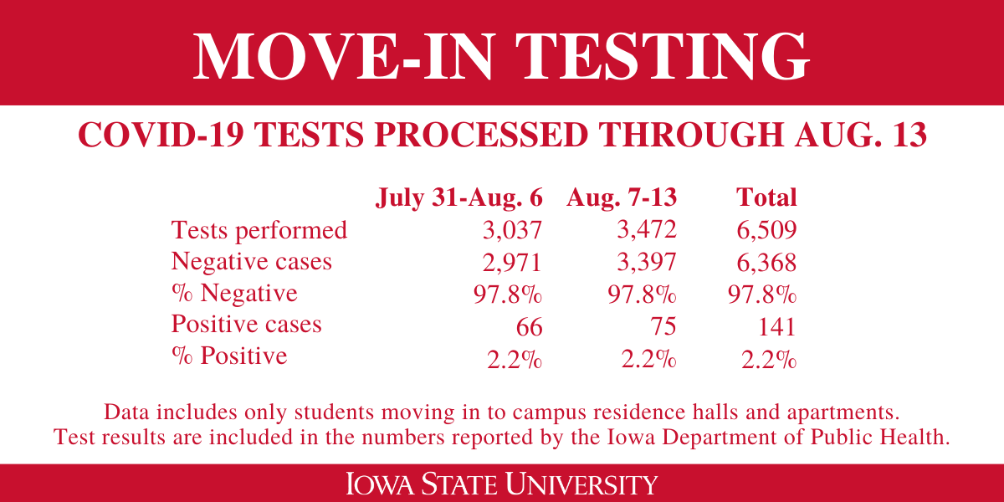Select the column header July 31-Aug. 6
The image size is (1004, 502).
(x=459, y=198)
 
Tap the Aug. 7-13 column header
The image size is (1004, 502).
(x=622, y=198)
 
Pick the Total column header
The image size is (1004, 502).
(x=766, y=198)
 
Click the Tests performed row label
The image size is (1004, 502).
(x=259, y=230)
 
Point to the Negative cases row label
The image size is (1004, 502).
(x=251, y=262)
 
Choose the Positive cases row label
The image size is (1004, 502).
(x=246, y=325)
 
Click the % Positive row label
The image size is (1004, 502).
(x=229, y=356)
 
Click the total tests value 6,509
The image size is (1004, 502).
(x=763, y=230)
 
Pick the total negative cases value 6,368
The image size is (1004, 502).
(x=763, y=262)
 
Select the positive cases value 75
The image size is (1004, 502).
(x=661, y=325)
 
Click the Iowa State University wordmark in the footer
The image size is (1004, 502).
(x=502, y=484)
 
